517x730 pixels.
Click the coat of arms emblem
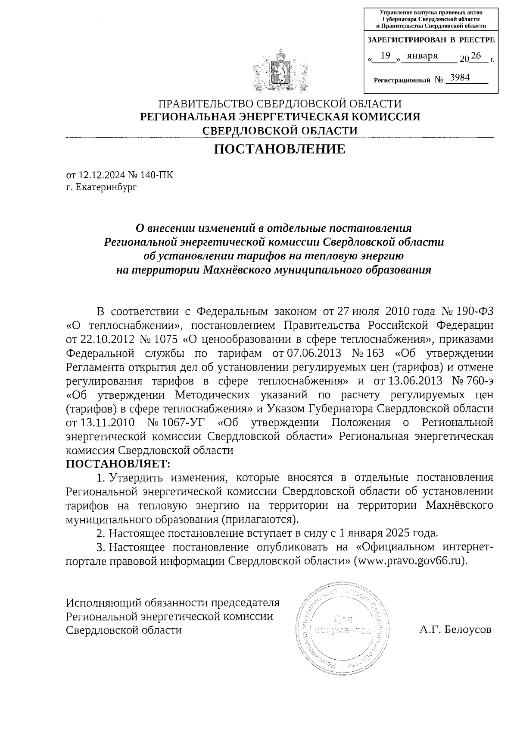click(280, 72)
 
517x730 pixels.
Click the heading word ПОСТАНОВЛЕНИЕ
click(280, 149)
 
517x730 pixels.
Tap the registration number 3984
click(459, 78)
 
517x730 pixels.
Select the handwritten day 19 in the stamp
click(386, 55)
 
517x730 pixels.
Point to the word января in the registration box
click(422, 56)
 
